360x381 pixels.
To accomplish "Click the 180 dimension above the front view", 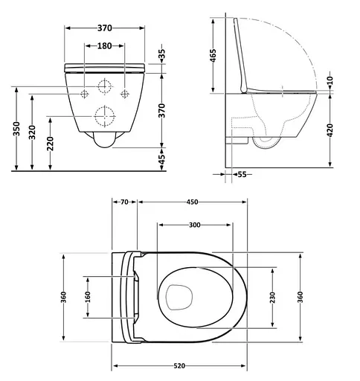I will [104, 47].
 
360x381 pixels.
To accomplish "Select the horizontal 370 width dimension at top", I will [104, 28].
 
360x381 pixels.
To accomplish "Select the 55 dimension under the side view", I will [242, 174].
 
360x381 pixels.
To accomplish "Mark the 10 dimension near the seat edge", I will [330, 80].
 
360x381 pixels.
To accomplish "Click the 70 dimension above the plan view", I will [124, 202].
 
